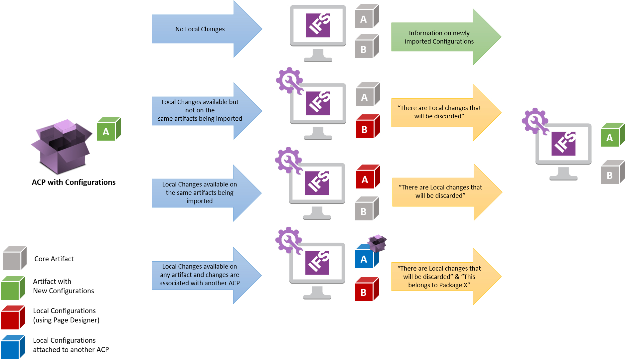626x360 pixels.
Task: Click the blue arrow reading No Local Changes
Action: [x=200, y=29]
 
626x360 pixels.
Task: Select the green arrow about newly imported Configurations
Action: [x=439, y=37]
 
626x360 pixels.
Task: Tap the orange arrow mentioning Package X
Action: [x=439, y=277]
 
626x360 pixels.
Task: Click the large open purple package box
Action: [x=62, y=146]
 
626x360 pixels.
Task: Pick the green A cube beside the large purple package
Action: [x=108, y=129]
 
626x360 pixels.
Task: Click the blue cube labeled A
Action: [x=365, y=258]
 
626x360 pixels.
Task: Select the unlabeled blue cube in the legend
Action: [x=13, y=347]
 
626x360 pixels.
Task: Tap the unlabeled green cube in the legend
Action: [x=13, y=288]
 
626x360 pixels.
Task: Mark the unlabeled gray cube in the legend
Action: [x=14, y=258]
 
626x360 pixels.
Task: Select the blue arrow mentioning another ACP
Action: [x=200, y=275]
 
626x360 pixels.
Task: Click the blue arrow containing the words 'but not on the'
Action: [x=200, y=110]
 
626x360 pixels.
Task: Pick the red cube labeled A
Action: [x=367, y=177]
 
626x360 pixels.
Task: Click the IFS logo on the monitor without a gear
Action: [x=318, y=25]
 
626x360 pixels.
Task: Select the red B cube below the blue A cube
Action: [x=366, y=290]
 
